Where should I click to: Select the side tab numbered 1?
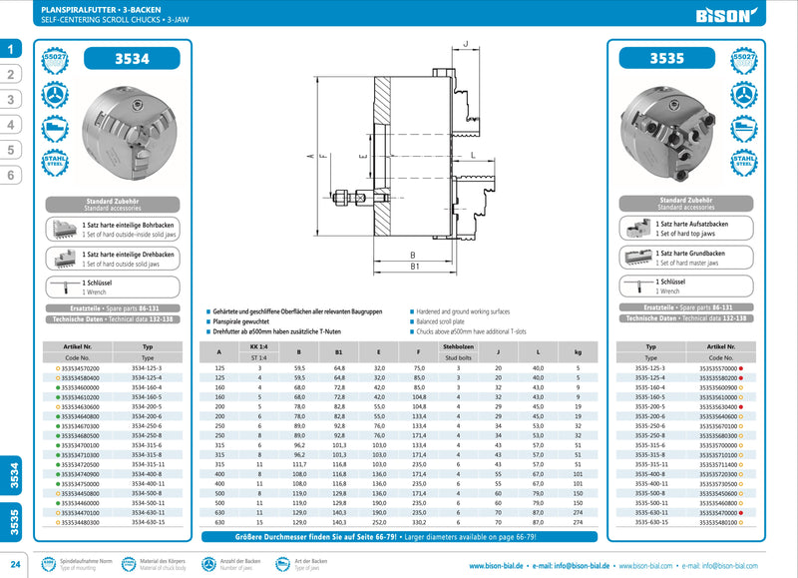[x=11, y=49]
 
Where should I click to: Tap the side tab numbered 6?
[x=11, y=175]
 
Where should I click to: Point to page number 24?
[x=14, y=561]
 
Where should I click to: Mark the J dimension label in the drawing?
[x=466, y=44]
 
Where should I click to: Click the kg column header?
[x=578, y=350]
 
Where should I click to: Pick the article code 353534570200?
[x=74, y=368]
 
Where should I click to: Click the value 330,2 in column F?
[x=418, y=521]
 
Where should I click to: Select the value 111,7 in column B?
[x=299, y=465]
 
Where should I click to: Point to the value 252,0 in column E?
[x=379, y=521]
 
